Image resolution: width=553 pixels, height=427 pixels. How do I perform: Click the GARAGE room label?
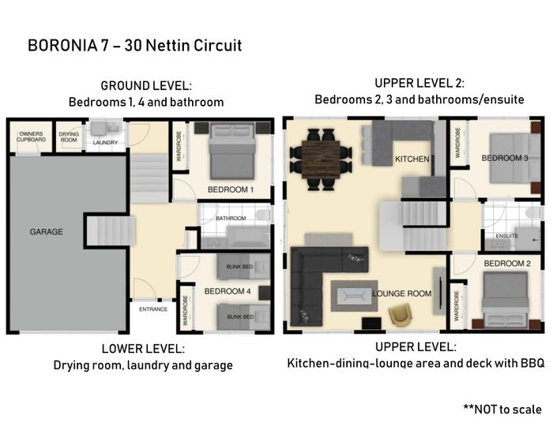click(46, 232)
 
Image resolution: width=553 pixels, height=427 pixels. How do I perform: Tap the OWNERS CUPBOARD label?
click(31, 137)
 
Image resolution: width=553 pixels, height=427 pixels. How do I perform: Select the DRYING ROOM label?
click(69, 137)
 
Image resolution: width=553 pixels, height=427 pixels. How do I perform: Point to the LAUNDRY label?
click(105, 143)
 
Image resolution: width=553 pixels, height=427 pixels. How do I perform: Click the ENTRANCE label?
click(153, 309)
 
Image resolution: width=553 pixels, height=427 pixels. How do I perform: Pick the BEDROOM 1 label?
click(231, 190)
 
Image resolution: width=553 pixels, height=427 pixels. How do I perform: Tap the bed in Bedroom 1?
click(232, 151)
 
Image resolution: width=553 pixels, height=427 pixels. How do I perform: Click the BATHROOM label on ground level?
click(231, 219)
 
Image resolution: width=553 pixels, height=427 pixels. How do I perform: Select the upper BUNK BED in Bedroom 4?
click(243, 267)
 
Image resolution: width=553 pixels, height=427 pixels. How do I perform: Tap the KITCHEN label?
click(412, 159)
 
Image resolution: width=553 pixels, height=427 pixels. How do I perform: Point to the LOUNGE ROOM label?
click(401, 294)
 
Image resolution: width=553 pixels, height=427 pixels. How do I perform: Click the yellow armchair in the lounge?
click(400, 315)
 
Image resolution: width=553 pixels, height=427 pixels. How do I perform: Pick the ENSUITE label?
click(507, 236)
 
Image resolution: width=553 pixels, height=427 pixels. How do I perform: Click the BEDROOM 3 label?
click(505, 158)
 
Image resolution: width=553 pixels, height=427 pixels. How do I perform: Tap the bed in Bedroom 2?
click(506, 300)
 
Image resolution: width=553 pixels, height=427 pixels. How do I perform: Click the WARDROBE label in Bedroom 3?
click(457, 142)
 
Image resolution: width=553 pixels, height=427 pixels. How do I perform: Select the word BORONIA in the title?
click(62, 46)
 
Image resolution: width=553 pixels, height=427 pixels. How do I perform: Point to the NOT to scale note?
click(502, 410)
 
